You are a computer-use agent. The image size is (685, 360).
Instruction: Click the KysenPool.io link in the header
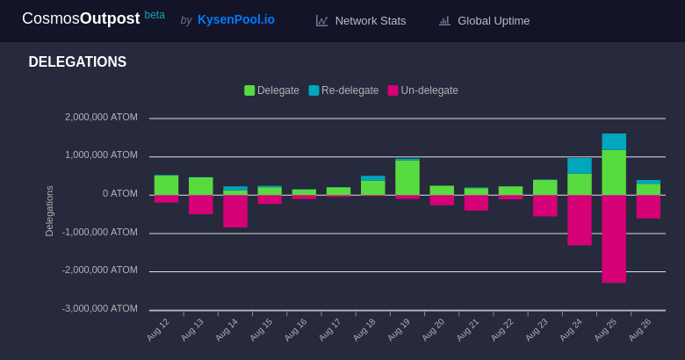click(x=235, y=19)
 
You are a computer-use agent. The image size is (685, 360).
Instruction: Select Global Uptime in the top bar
click(x=493, y=20)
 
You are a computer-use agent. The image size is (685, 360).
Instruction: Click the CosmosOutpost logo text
click(x=81, y=18)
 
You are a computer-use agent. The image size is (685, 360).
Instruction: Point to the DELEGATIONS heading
click(x=77, y=62)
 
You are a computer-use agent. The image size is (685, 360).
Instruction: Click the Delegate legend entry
click(x=272, y=90)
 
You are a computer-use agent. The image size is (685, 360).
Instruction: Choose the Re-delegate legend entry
click(x=343, y=90)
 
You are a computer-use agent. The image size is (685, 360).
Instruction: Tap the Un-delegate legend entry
click(x=423, y=90)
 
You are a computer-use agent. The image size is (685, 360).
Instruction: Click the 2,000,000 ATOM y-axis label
click(x=101, y=117)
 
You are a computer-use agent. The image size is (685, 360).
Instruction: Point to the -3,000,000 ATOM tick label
click(x=99, y=308)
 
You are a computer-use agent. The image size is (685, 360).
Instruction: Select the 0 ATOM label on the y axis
click(x=120, y=193)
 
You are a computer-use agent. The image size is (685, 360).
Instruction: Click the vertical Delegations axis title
click(x=49, y=211)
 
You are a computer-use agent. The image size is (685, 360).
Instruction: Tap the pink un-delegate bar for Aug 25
click(x=614, y=239)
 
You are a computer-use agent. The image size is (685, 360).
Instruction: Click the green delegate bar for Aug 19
click(x=407, y=177)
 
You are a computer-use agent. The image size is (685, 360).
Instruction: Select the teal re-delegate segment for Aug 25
click(x=614, y=141)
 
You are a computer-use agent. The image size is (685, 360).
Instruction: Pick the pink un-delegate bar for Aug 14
click(x=235, y=212)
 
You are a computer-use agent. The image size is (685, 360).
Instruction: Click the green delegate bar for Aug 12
click(x=166, y=184)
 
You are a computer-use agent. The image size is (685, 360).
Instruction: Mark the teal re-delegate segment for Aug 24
click(x=580, y=166)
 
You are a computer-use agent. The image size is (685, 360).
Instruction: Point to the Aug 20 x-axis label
click(x=433, y=329)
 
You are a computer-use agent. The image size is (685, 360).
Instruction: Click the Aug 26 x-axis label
click(x=639, y=329)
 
